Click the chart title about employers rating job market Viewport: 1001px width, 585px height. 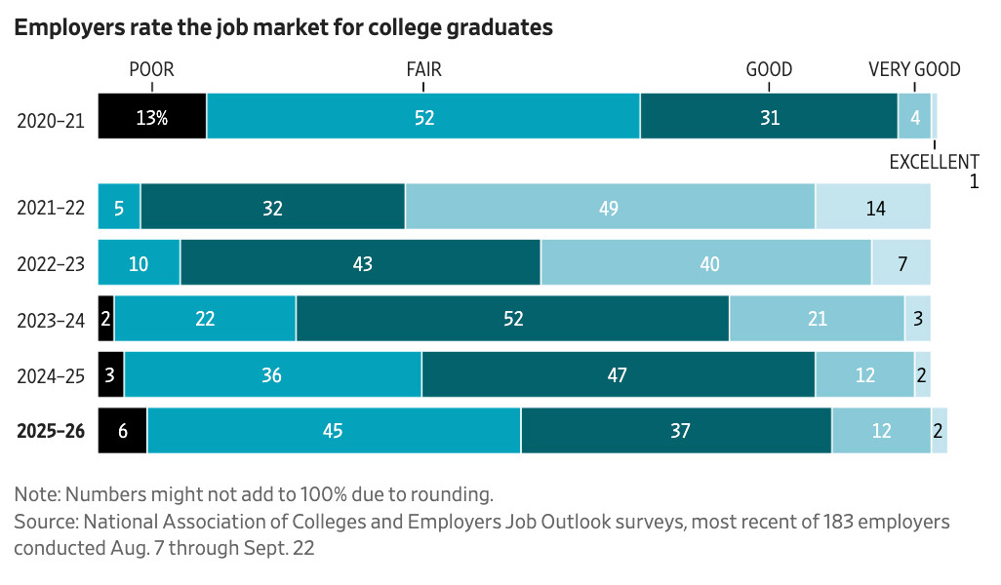pyautogui.click(x=283, y=28)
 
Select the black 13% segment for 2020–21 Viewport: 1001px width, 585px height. pyautogui.click(x=152, y=117)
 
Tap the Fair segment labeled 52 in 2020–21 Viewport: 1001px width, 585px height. pyautogui.click(x=423, y=117)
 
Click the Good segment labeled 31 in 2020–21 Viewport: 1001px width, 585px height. pyautogui.click(x=769, y=117)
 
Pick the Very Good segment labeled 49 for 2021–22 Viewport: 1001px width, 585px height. pyautogui.click(x=610, y=207)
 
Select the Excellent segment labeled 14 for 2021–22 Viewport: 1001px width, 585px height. pyautogui.click(x=872, y=207)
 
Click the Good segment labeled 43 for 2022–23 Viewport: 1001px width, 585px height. pyautogui.click(x=360, y=263)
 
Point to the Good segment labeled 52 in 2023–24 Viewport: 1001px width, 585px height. pyautogui.click(x=512, y=319)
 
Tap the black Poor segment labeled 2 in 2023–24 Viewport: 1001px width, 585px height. pyautogui.click(x=106, y=319)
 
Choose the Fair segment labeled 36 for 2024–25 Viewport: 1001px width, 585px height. pyautogui.click(x=272, y=374)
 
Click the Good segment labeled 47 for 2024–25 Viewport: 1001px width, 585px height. pyautogui.click(x=618, y=374)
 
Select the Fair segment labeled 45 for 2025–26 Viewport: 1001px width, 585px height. pyautogui.click(x=334, y=430)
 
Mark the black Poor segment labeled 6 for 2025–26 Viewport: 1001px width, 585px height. pyautogui.click(x=123, y=430)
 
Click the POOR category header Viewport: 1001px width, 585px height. pyautogui.click(x=151, y=69)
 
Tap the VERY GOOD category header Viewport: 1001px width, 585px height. pyautogui.click(x=914, y=69)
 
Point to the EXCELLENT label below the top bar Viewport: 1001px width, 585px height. pyautogui.click(x=934, y=162)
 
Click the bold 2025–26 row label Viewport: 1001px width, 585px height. pyautogui.click(x=51, y=430)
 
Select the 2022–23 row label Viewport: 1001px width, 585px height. pyautogui.click(x=51, y=263)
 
